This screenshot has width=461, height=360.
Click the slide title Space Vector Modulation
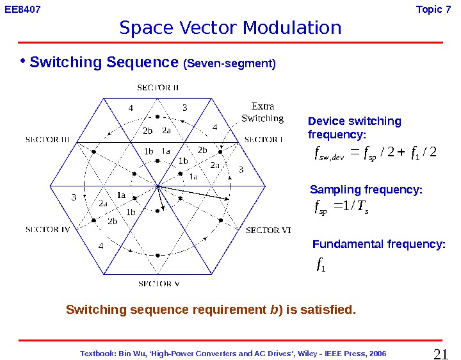click(230, 28)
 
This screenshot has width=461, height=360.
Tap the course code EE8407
click(22, 9)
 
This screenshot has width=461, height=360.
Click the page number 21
click(441, 354)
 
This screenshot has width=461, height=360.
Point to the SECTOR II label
click(159, 87)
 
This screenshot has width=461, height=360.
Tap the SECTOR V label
click(159, 283)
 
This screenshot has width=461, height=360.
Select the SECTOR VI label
click(269, 231)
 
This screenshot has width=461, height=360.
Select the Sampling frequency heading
click(366, 190)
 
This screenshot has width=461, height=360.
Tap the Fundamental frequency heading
click(378, 245)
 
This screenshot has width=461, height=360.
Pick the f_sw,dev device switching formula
click(372, 153)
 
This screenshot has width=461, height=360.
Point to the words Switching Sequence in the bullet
click(103, 63)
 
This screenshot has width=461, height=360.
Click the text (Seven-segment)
click(229, 64)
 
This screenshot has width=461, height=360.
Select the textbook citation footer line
click(234, 354)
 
